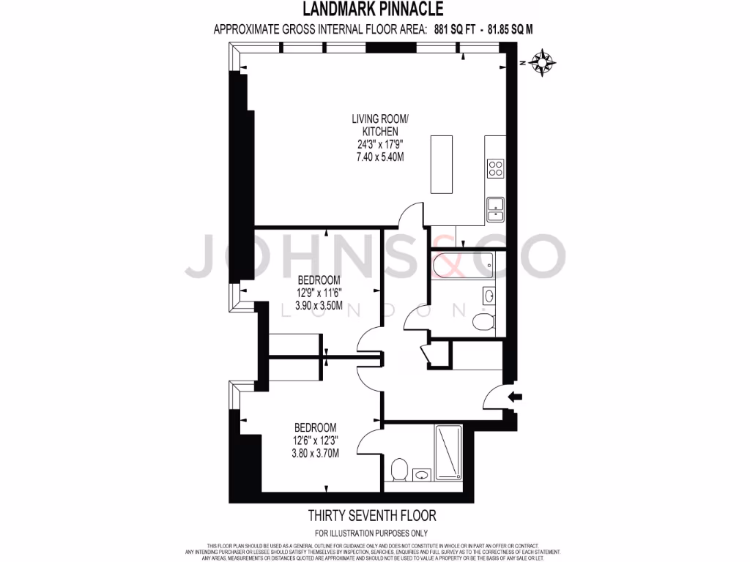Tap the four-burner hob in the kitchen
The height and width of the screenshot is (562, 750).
point(496,168)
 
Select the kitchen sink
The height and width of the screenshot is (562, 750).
point(495,211)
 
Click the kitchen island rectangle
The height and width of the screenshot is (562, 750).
point(442,164)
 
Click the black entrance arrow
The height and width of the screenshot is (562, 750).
point(516,397)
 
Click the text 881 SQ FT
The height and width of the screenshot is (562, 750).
point(449,30)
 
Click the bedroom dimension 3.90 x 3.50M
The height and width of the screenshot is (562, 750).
point(319,306)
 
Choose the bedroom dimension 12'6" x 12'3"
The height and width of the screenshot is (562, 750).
point(315,440)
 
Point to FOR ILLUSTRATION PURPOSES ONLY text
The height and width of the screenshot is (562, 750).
point(371,533)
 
